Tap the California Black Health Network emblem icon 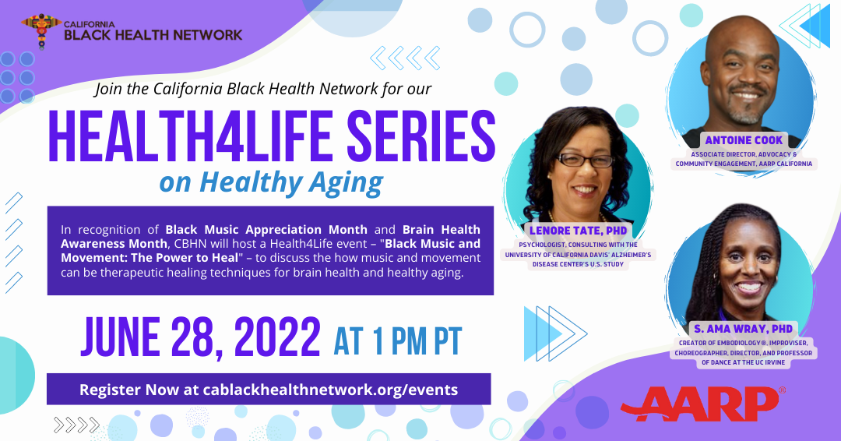41,30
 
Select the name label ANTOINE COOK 744,140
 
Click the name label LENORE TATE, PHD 578,231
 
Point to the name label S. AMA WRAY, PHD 744,329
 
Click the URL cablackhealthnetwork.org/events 330,390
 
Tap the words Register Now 129,390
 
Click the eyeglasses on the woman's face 585,160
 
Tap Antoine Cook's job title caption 744,159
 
